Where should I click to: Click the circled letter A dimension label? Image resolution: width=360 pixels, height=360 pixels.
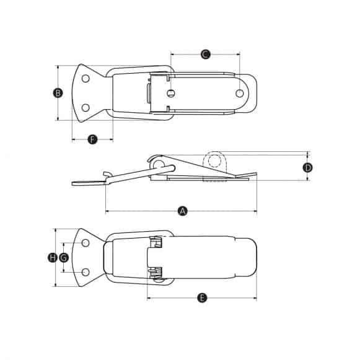182,211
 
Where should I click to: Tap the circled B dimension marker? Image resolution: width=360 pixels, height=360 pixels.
58,93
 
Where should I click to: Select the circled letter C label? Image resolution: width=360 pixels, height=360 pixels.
206,54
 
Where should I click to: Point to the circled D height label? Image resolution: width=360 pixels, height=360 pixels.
307,167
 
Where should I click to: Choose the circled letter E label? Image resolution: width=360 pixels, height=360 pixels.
201,298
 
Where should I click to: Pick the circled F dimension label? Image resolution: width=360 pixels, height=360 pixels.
92,139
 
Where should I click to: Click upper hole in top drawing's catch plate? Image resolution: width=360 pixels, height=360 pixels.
86,79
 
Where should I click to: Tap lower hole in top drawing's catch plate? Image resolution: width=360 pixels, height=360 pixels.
86,107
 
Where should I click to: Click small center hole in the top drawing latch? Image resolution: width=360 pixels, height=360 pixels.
170,94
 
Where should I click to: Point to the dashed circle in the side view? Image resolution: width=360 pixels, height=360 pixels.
215,161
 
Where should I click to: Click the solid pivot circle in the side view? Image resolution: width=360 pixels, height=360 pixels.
159,164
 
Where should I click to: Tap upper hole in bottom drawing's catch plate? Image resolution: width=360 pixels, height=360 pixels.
86,243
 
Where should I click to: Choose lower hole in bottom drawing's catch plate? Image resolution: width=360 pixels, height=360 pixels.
86,272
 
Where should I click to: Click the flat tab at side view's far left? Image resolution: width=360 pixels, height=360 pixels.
87,182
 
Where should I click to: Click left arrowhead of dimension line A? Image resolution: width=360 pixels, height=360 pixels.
108,211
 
